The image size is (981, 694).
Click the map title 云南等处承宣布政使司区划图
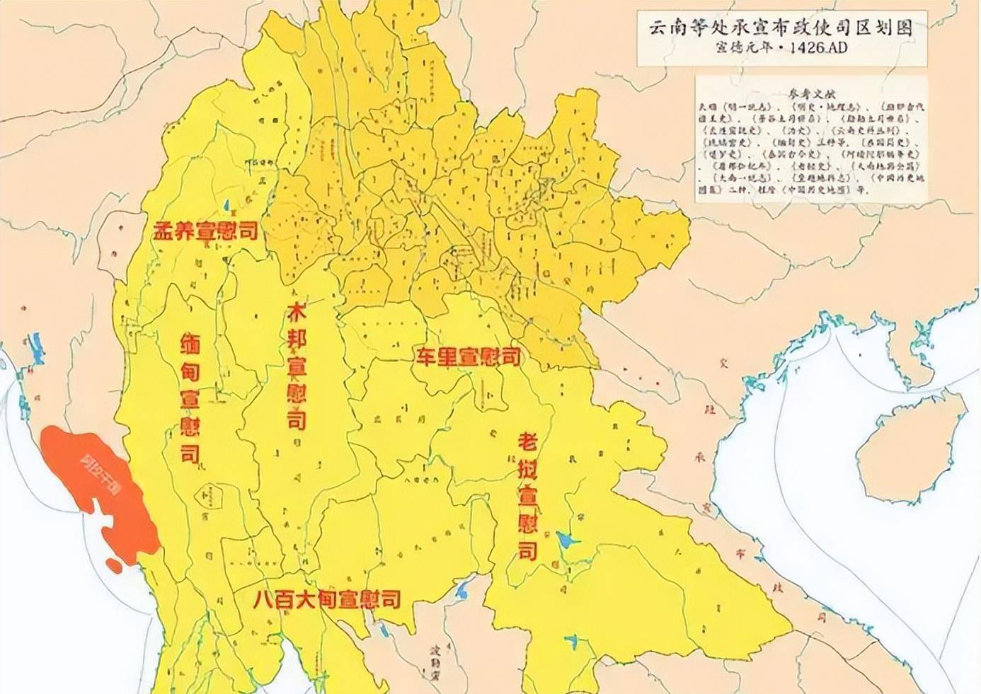(781, 28)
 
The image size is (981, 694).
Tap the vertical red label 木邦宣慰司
(296, 368)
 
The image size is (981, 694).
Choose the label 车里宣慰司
(467, 356)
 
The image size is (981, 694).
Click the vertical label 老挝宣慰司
(527, 496)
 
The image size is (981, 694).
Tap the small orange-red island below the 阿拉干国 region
(113, 564)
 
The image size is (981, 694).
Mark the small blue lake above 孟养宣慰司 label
(226, 205)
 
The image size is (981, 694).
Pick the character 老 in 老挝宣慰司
(527, 442)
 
